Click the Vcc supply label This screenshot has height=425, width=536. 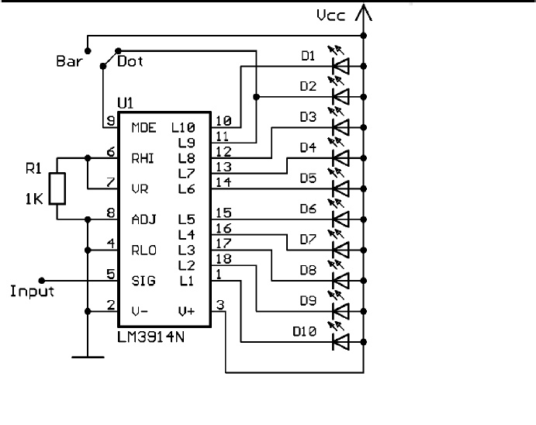click(332, 15)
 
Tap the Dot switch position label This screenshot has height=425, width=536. click(130, 60)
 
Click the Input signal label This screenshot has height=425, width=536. click(32, 292)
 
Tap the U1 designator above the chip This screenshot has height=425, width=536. click(124, 103)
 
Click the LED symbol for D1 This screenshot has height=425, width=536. click(339, 65)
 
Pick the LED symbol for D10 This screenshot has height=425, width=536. click(339, 340)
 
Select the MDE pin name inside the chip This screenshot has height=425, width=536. click(144, 127)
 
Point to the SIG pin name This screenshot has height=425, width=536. click(144, 281)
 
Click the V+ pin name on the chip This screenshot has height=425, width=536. click(186, 311)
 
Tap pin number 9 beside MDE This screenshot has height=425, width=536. click(110, 120)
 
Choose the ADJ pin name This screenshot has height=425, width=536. click(144, 219)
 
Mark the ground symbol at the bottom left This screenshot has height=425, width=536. click(88, 358)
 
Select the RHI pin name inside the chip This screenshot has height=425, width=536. click(144, 158)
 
